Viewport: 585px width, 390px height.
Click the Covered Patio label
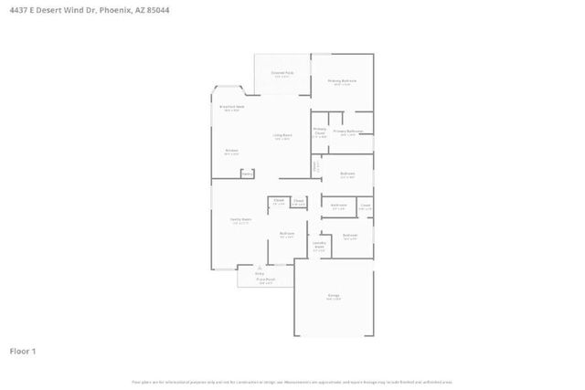pos(282,72)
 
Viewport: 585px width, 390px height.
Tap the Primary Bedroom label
pos(342,81)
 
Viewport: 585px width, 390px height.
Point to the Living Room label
pos(282,137)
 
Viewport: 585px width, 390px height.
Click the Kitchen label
pos(231,151)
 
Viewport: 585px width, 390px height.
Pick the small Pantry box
pos(247,174)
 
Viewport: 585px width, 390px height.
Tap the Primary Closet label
pos(320,131)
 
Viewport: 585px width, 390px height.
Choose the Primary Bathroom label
pos(348,132)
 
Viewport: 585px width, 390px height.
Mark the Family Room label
pos(240,220)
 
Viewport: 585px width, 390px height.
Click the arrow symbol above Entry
pos(259,266)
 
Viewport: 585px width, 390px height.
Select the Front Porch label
pos(265,279)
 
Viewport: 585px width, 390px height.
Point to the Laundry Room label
pos(320,245)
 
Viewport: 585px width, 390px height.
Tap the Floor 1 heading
pos(23,351)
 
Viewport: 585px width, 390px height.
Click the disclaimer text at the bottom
pos(292,382)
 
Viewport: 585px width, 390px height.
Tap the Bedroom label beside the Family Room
pos(286,234)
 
